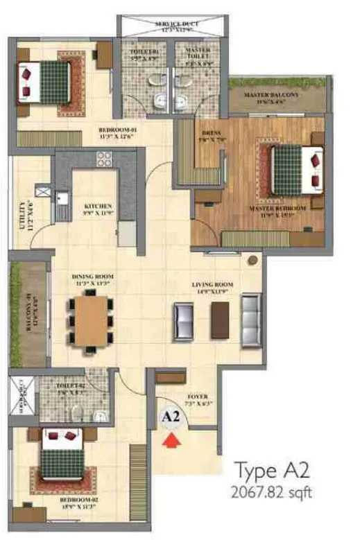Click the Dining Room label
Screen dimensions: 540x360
[92, 279]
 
